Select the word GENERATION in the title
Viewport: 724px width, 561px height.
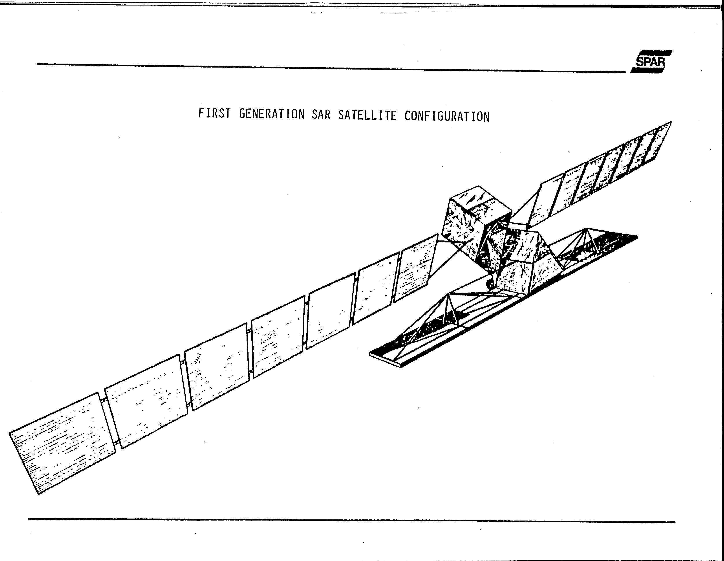coord(271,114)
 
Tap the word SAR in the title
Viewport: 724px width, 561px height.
coord(321,115)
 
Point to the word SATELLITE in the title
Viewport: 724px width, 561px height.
coord(367,115)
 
